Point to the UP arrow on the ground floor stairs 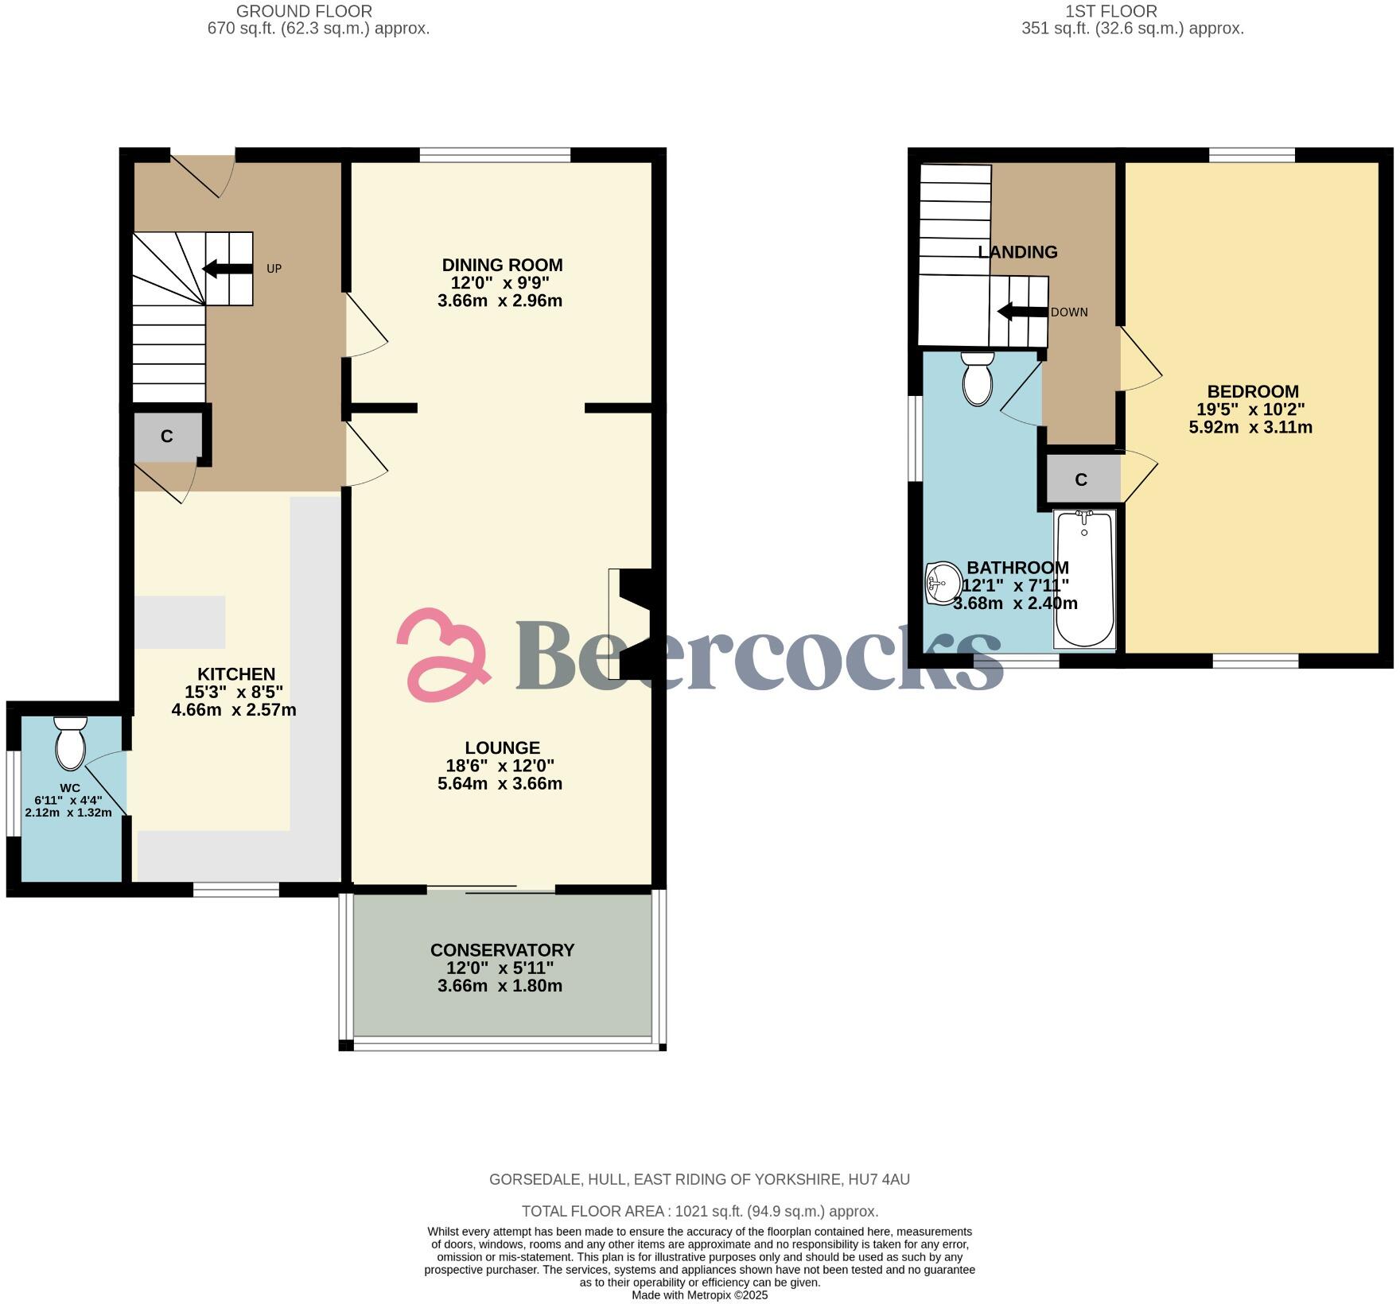click(227, 269)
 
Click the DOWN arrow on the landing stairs click(1022, 312)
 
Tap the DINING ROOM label click(502, 266)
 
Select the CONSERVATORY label click(502, 950)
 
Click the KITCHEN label click(236, 674)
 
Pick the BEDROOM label click(1253, 391)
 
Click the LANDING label click(1017, 252)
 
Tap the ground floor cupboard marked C click(167, 437)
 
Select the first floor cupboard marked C click(1081, 479)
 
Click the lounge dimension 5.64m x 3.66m click(500, 784)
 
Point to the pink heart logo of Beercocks click(442, 652)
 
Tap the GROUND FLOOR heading click(304, 11)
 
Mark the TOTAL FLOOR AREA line click(700, 1211)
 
